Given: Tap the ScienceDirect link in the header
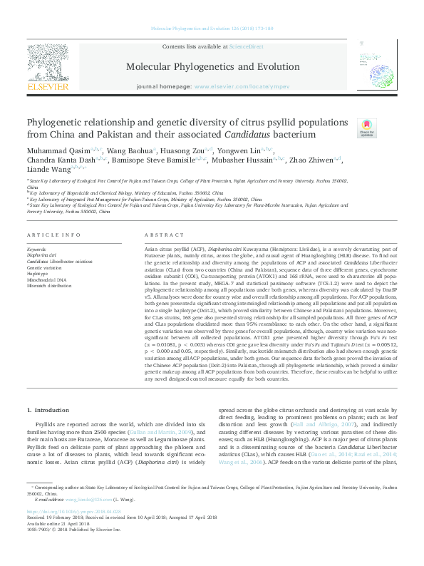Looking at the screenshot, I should click(246, 46).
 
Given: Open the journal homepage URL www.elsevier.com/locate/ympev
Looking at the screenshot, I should click(243, 86).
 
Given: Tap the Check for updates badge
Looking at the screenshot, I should click(366, 128).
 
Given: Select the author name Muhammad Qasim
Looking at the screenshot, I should click(58, 151).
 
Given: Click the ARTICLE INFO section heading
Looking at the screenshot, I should click(53, 235).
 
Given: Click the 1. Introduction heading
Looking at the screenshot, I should click(49, 411).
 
